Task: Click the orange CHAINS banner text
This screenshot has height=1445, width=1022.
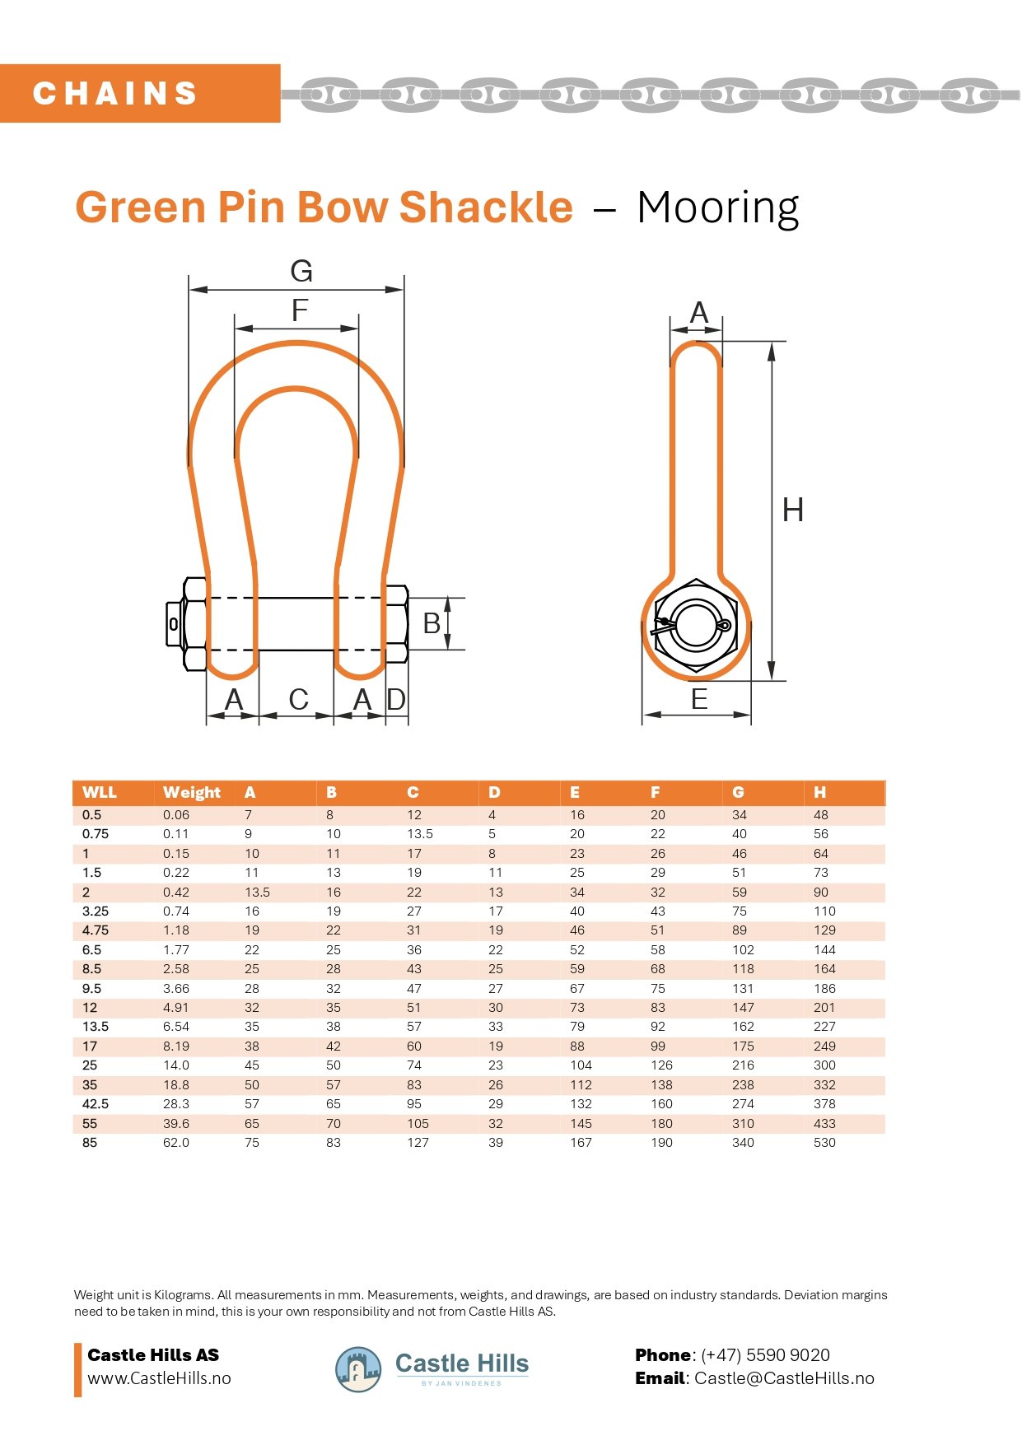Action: (x=115, y=93)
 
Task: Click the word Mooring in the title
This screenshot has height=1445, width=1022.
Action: (x=717, y=207)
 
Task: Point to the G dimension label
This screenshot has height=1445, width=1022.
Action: (x=301, y=271)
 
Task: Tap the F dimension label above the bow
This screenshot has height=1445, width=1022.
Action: (x=299, y=310)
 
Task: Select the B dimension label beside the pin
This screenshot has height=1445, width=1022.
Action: (x=431, y=624)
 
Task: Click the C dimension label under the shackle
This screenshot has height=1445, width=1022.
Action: (x=298, y=700)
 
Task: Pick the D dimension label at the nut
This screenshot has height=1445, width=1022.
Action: (x=396, y=700)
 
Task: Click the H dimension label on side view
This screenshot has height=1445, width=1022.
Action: (x=792, y=510)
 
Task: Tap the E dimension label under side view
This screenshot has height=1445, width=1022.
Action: (x=699, y=700)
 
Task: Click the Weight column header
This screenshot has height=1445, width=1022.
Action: (x=191, y=792)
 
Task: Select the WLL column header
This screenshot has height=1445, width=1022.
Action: (x=99, y=792)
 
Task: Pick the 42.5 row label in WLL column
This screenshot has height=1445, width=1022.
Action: (x=96, y=1104)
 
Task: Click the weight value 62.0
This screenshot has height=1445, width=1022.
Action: (x=176, y=1143)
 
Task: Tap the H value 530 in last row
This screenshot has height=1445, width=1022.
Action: (x=824, y=1143)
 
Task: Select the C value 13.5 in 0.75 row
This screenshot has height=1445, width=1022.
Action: (x=420, y=834)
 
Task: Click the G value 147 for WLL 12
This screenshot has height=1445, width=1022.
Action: (x=743, y=1008)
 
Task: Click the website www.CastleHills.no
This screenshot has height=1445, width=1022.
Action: (x=159, y=1378)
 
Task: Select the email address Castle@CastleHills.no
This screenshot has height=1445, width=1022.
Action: (x=783, y=1378)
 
